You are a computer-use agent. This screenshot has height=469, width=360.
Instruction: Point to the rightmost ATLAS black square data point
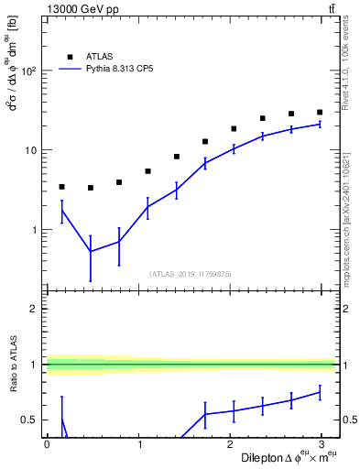[x=320, y=112]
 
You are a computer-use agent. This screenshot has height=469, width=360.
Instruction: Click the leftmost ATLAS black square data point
[x=61, y=187]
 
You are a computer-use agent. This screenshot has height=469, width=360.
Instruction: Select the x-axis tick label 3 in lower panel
[x=323, y=443]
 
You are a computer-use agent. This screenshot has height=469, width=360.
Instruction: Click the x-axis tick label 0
[x=47, y=443]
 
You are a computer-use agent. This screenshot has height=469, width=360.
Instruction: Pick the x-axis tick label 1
[x=139, y=443]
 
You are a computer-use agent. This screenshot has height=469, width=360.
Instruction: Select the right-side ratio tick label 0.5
[x=349, y=420]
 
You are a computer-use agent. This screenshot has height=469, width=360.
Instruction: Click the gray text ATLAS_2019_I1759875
[x=191, y=272]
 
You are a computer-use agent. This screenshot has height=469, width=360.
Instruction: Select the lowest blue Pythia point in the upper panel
[x=90, y=251]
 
